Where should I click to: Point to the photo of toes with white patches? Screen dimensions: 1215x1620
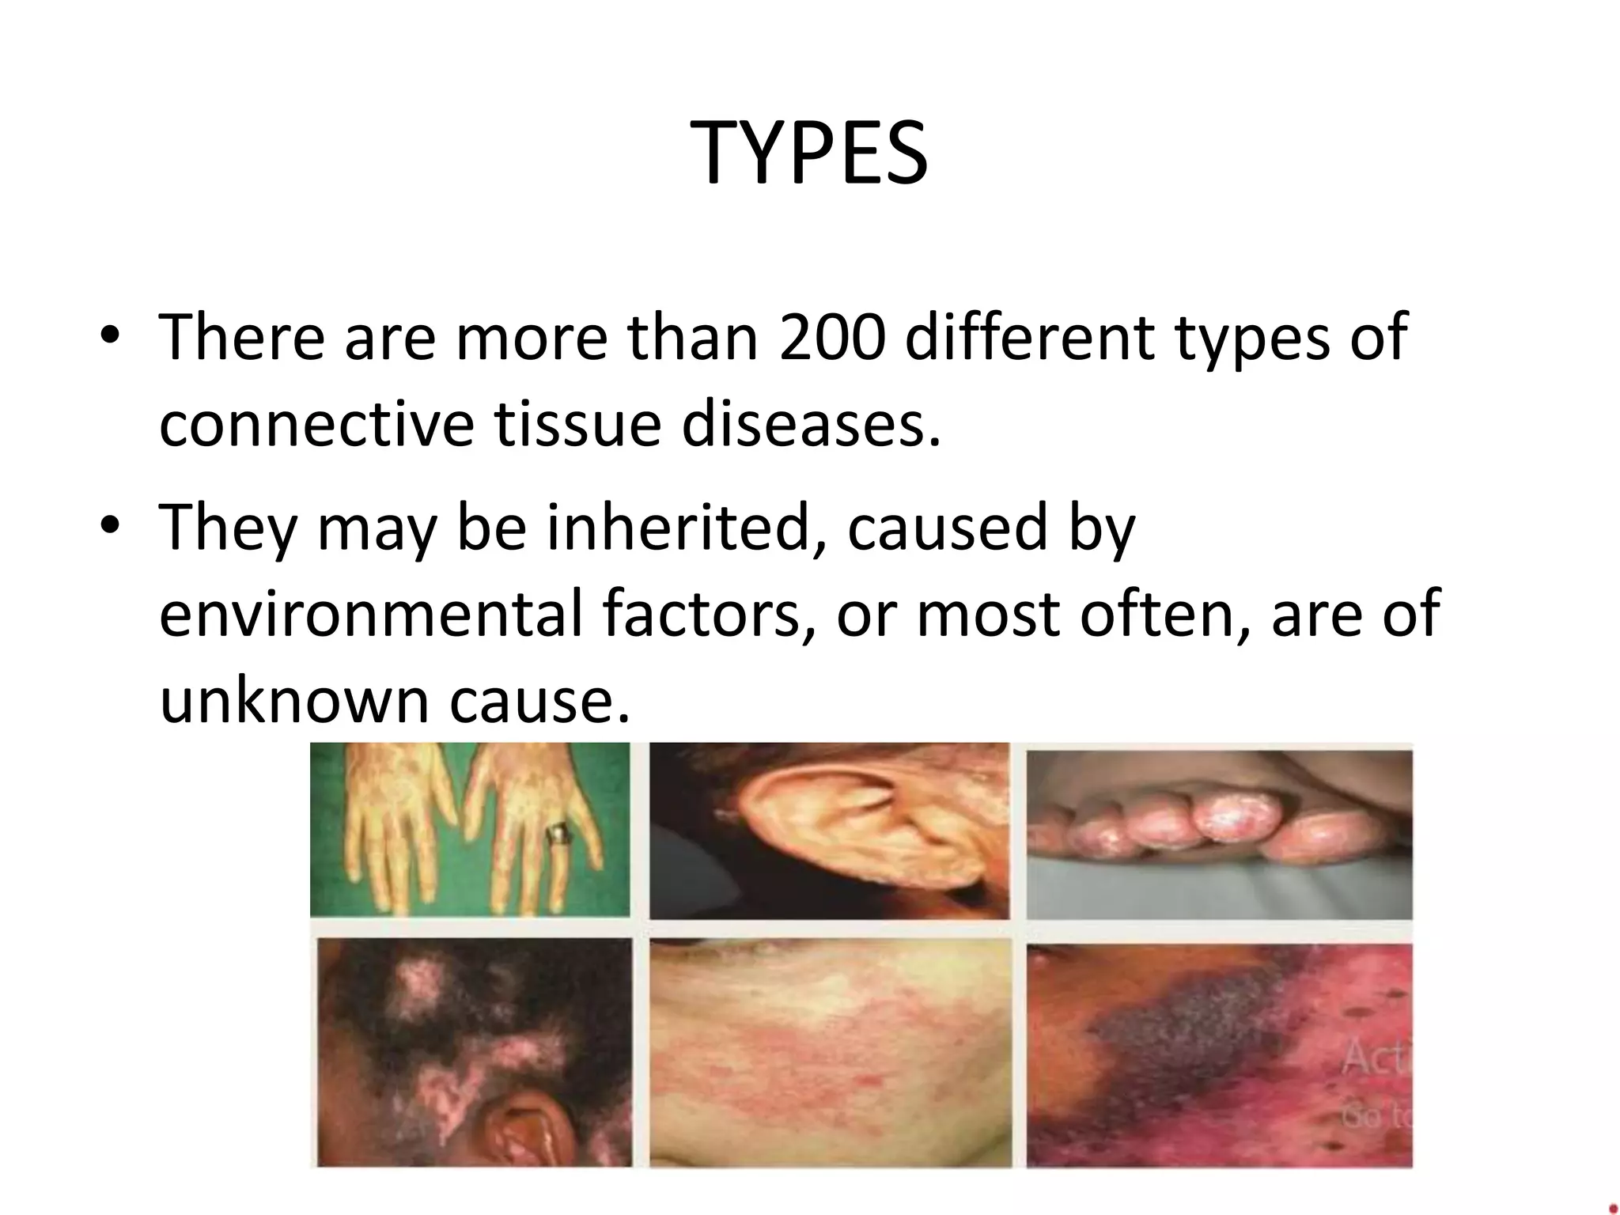point(1218,831)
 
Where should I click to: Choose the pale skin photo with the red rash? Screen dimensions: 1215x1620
point(830,1052)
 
